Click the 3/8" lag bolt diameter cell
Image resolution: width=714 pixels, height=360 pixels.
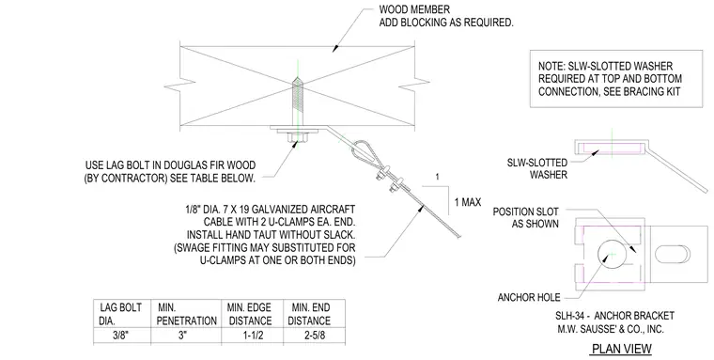tap(121, 336)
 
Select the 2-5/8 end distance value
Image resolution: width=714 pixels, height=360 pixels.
tap(315, 336)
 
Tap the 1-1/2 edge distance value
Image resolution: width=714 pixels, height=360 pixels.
tap(253, 336)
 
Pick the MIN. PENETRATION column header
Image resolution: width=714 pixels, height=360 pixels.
tap(186, 314)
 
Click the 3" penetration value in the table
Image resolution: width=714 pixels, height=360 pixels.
tap(182, 336)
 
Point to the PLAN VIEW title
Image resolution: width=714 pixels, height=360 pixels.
tap(622, 349)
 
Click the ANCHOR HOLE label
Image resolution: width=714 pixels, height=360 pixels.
tap(529, 298)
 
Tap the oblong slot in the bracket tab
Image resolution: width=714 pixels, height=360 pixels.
tap(673, 255)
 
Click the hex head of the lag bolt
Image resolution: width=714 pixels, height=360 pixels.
tap(296, 137)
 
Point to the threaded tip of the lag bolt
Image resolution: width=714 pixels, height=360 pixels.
tap(297, 81)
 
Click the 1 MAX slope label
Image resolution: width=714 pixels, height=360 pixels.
tap(468, 202)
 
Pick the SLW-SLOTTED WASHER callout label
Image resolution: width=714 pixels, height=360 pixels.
tap(537, 168)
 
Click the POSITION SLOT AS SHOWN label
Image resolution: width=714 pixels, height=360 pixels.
tap(525, 218)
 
